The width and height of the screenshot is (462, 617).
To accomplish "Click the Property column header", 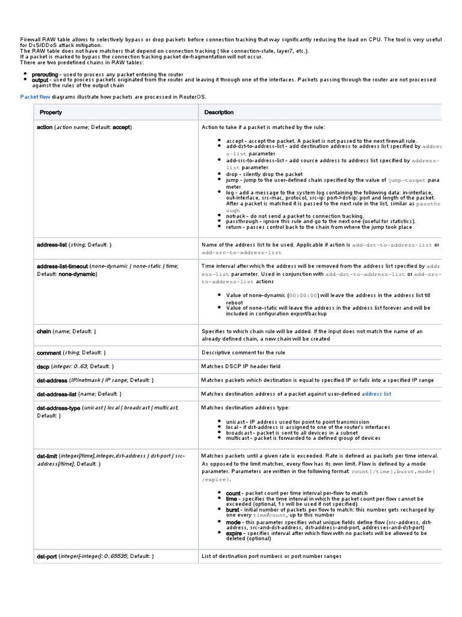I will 51,113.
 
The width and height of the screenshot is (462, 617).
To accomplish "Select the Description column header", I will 219,113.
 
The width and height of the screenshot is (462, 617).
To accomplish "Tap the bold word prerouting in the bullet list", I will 45,75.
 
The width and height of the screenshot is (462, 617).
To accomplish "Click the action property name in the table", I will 45,128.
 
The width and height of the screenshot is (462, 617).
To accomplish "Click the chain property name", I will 44,331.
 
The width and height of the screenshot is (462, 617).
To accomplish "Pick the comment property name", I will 49,352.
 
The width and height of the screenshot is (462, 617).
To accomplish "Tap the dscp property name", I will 43,366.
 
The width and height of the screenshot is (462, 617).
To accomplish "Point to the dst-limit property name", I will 47,456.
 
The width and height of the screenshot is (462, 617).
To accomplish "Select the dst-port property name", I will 47,556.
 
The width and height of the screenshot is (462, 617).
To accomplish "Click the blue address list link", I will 377,394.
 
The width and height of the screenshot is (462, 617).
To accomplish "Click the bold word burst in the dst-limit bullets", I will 232,509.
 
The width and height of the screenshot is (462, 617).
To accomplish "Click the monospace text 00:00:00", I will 303,296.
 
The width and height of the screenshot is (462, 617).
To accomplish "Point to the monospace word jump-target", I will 407,180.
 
